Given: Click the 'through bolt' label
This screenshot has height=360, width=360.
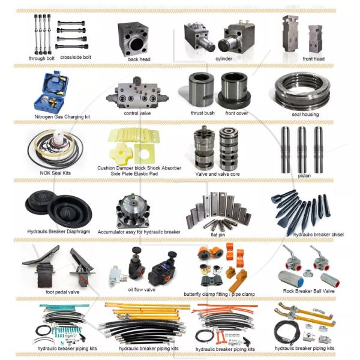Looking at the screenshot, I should click(41, 58).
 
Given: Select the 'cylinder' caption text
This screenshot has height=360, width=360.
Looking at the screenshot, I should click(223, 59).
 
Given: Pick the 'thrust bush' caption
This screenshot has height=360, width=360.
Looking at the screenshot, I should click(203, 112).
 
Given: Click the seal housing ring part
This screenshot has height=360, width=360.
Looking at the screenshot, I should click(304, 90).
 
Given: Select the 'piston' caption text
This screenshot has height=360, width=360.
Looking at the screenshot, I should click(304, 175).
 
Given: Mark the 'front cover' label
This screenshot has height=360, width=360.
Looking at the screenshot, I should click(236, 112).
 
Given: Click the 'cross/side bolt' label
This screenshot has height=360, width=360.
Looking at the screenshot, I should click(76, 57).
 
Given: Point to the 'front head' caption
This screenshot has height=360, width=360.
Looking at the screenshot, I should click(313, 59).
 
